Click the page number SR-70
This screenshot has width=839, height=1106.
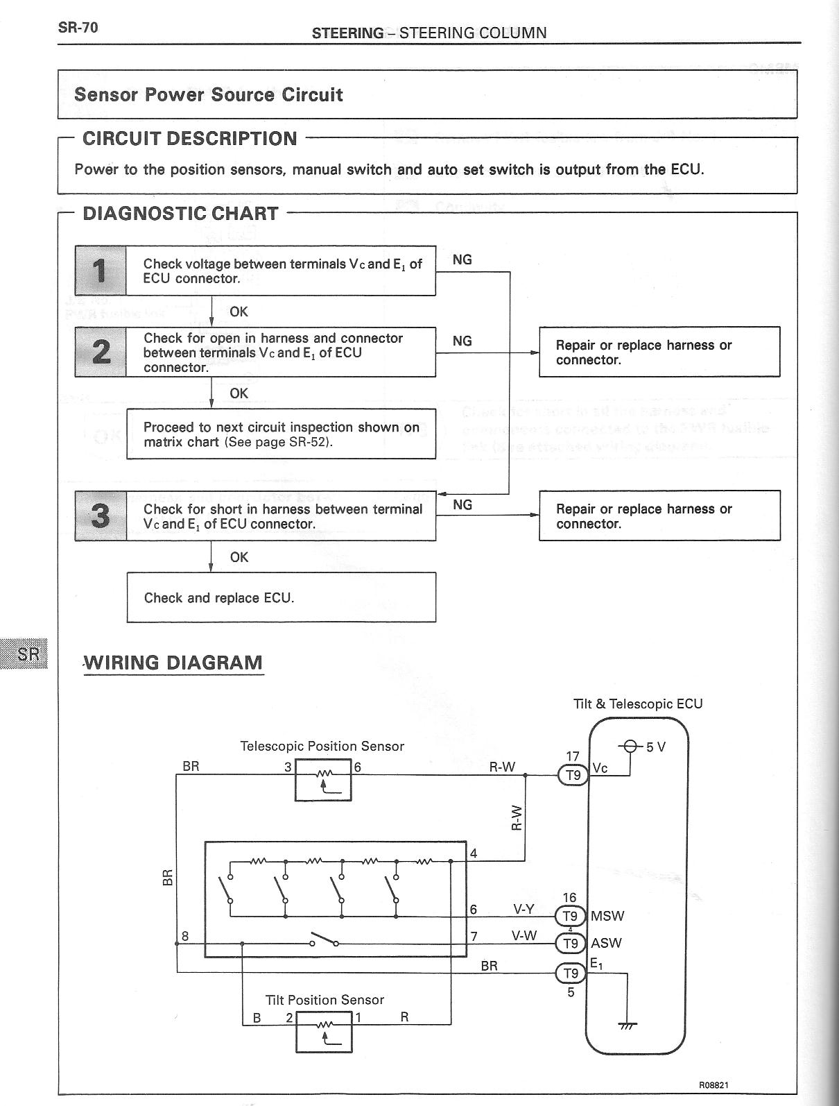tap(78, 28)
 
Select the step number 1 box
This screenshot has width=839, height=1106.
tap(101, 271)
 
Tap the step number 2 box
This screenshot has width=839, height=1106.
tap(101, 352)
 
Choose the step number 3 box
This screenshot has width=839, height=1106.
tap(101, 516)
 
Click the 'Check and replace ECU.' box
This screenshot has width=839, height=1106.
tap(281, 597)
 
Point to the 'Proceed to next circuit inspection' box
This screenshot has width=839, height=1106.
tap(281, 434)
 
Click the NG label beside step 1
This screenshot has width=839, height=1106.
tap(462, 260)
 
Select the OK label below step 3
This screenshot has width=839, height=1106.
tap(239, 557)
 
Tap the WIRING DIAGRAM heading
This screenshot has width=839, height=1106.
tap(173, 663)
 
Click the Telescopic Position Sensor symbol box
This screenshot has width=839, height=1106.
tap(323, 779)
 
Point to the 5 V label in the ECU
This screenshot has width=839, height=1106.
tap(656, 747)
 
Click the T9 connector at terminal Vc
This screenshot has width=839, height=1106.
tap(573, 775)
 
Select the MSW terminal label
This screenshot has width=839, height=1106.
tap(607, 916)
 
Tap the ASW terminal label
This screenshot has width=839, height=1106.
tap(606, 944)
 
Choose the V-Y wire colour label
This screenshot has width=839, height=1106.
tap(524, 909)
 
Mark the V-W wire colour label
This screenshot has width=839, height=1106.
tap(524, 935)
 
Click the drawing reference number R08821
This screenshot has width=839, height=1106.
tap(713, 1085)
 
